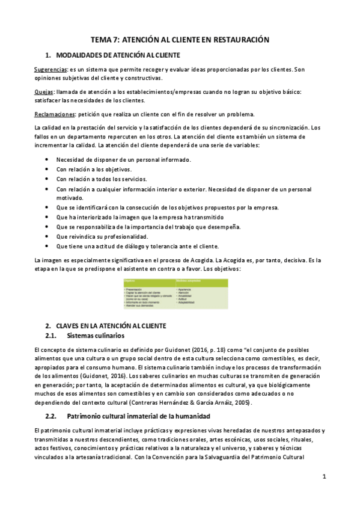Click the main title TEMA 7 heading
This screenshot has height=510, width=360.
click(x=180, y=39)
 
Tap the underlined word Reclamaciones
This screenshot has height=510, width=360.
click(x=53, y=114)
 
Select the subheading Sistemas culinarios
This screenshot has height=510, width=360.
click(x=96, y=335)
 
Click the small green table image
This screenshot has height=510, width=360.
click(x=178, y=293)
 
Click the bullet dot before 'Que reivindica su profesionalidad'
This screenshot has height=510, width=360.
click(x=47, y=236)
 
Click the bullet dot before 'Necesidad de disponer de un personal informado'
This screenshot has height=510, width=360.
click(x=47, y=159)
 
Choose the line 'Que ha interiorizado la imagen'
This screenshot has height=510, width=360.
click(x=139, y=217)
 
